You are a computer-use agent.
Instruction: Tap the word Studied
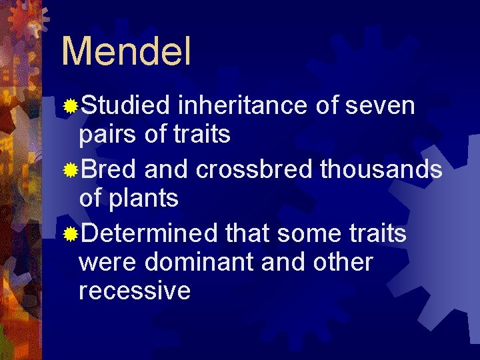point(127,105)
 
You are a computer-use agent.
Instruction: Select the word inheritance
point(243,105)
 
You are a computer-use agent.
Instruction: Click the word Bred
point(109,169)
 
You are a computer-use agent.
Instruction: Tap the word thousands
point(381,169)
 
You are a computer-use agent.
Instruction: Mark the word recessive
point(135,291)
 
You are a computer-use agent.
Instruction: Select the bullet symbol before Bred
point(70,170)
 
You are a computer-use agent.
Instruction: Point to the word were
point(107,262)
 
